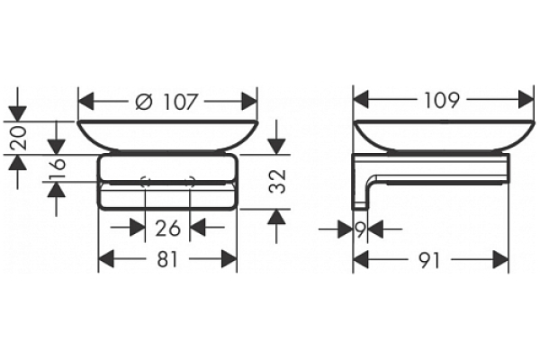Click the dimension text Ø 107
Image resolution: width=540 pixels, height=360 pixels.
point(167,102)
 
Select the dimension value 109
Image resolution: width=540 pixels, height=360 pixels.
point(436,100)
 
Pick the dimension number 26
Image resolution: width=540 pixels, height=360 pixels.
point(167,228)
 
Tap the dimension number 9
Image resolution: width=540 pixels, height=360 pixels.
point(360,229)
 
